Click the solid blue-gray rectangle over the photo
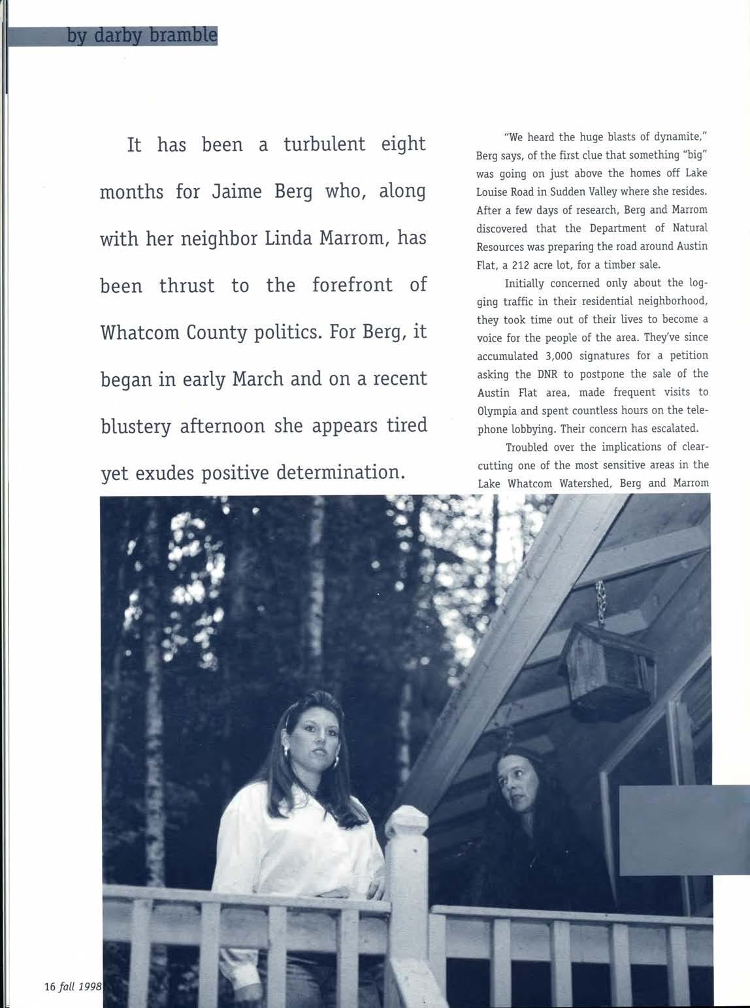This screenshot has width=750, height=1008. pyautogui.click(x=683, y=830)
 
